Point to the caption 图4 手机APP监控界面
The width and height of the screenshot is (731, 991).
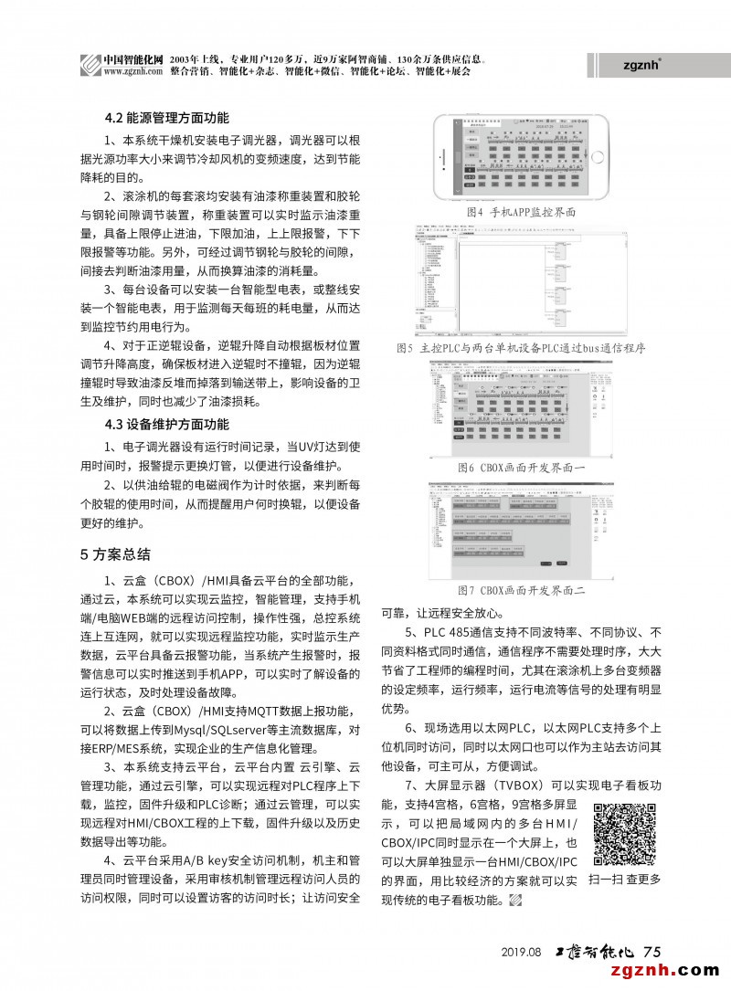(521, 211)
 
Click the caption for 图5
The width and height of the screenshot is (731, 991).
(521, 348)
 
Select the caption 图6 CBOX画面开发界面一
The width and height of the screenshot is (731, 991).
(521, 467)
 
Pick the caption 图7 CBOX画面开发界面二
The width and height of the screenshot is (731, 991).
(521, 591)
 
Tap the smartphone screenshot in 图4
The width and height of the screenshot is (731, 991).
(521, 157)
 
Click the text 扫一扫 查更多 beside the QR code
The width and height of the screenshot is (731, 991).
(625, 880)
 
